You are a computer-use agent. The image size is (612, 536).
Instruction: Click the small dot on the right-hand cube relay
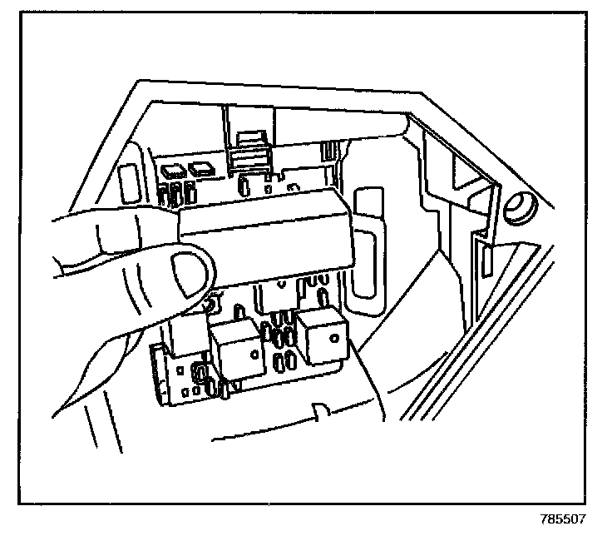click(331, 336)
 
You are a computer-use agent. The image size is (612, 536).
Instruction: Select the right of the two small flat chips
click(202, 170)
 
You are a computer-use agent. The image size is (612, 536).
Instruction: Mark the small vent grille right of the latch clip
click(329, 153)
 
